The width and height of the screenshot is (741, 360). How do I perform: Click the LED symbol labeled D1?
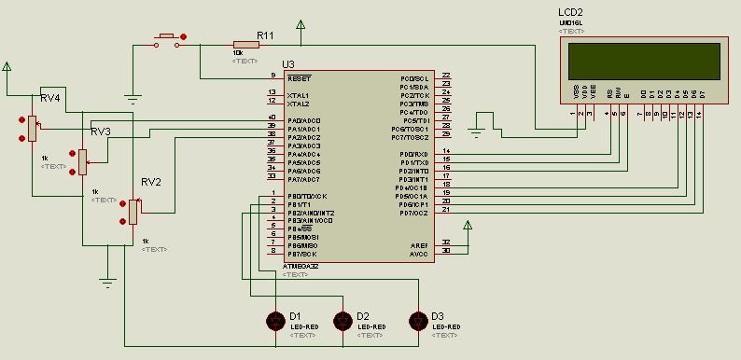(x=275, y=320)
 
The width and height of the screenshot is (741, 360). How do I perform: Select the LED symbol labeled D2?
(x=343, y=320)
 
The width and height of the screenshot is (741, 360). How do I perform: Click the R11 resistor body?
(x=246, y=43)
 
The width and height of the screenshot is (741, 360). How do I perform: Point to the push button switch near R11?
(x=168, y=38)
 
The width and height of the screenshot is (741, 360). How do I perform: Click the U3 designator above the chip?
(x=287, y=63)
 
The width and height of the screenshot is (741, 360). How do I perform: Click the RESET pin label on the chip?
(x=300, y=78)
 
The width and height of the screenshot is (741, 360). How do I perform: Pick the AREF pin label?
(x=419, y=245)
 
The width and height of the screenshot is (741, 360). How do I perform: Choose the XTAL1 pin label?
(x=299, y=95)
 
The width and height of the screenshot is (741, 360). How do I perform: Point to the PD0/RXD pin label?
(x=413, y=154)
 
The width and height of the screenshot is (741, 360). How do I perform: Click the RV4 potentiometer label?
(x=49, y=98)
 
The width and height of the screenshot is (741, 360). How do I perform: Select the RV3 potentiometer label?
(x=101, y=132)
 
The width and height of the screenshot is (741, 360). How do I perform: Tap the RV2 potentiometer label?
(x=151, y=182)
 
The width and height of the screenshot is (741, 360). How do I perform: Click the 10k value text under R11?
(x=238, y=53)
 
